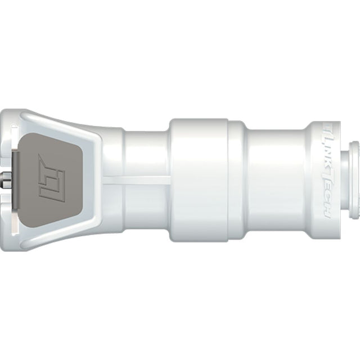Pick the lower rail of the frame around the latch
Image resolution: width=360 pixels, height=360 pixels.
(62, 236)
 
